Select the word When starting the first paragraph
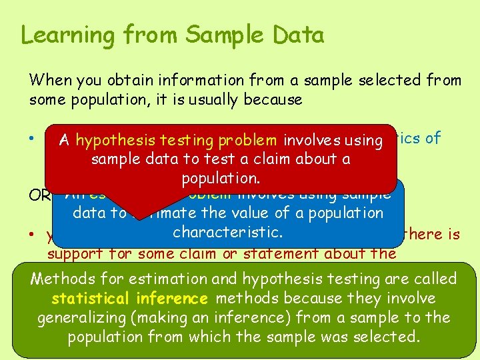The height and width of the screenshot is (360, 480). tap(48, 81)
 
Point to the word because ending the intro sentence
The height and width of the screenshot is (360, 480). tap(271, 100)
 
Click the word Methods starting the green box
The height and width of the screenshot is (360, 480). tap(59, 279)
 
